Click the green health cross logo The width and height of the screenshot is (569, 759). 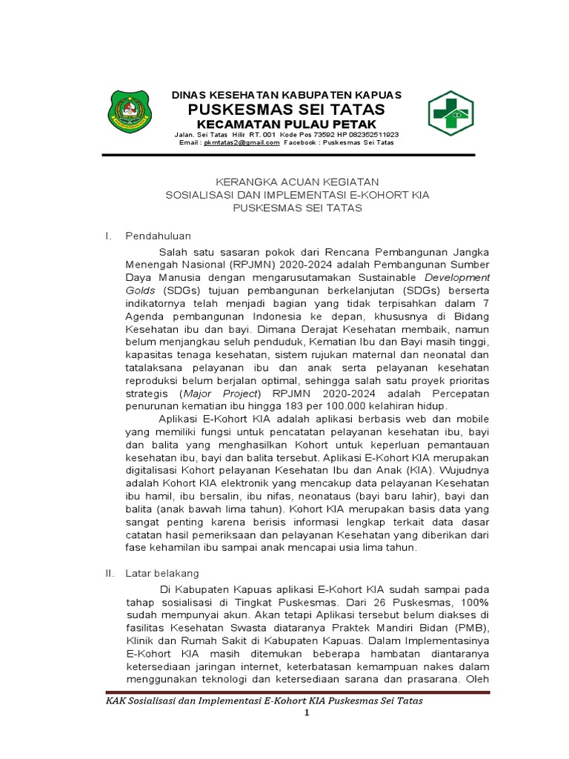pyautogui.click(x=451, y=114)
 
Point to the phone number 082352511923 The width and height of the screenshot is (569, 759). pyautogui.click(x=373, y=135)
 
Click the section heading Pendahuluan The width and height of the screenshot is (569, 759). pyautogui.click(x=158, y=236)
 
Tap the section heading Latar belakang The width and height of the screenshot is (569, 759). pyautogui.click(x=162, y=574)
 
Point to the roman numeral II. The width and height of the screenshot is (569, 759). pyautogui.click(x=109, y=574)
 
